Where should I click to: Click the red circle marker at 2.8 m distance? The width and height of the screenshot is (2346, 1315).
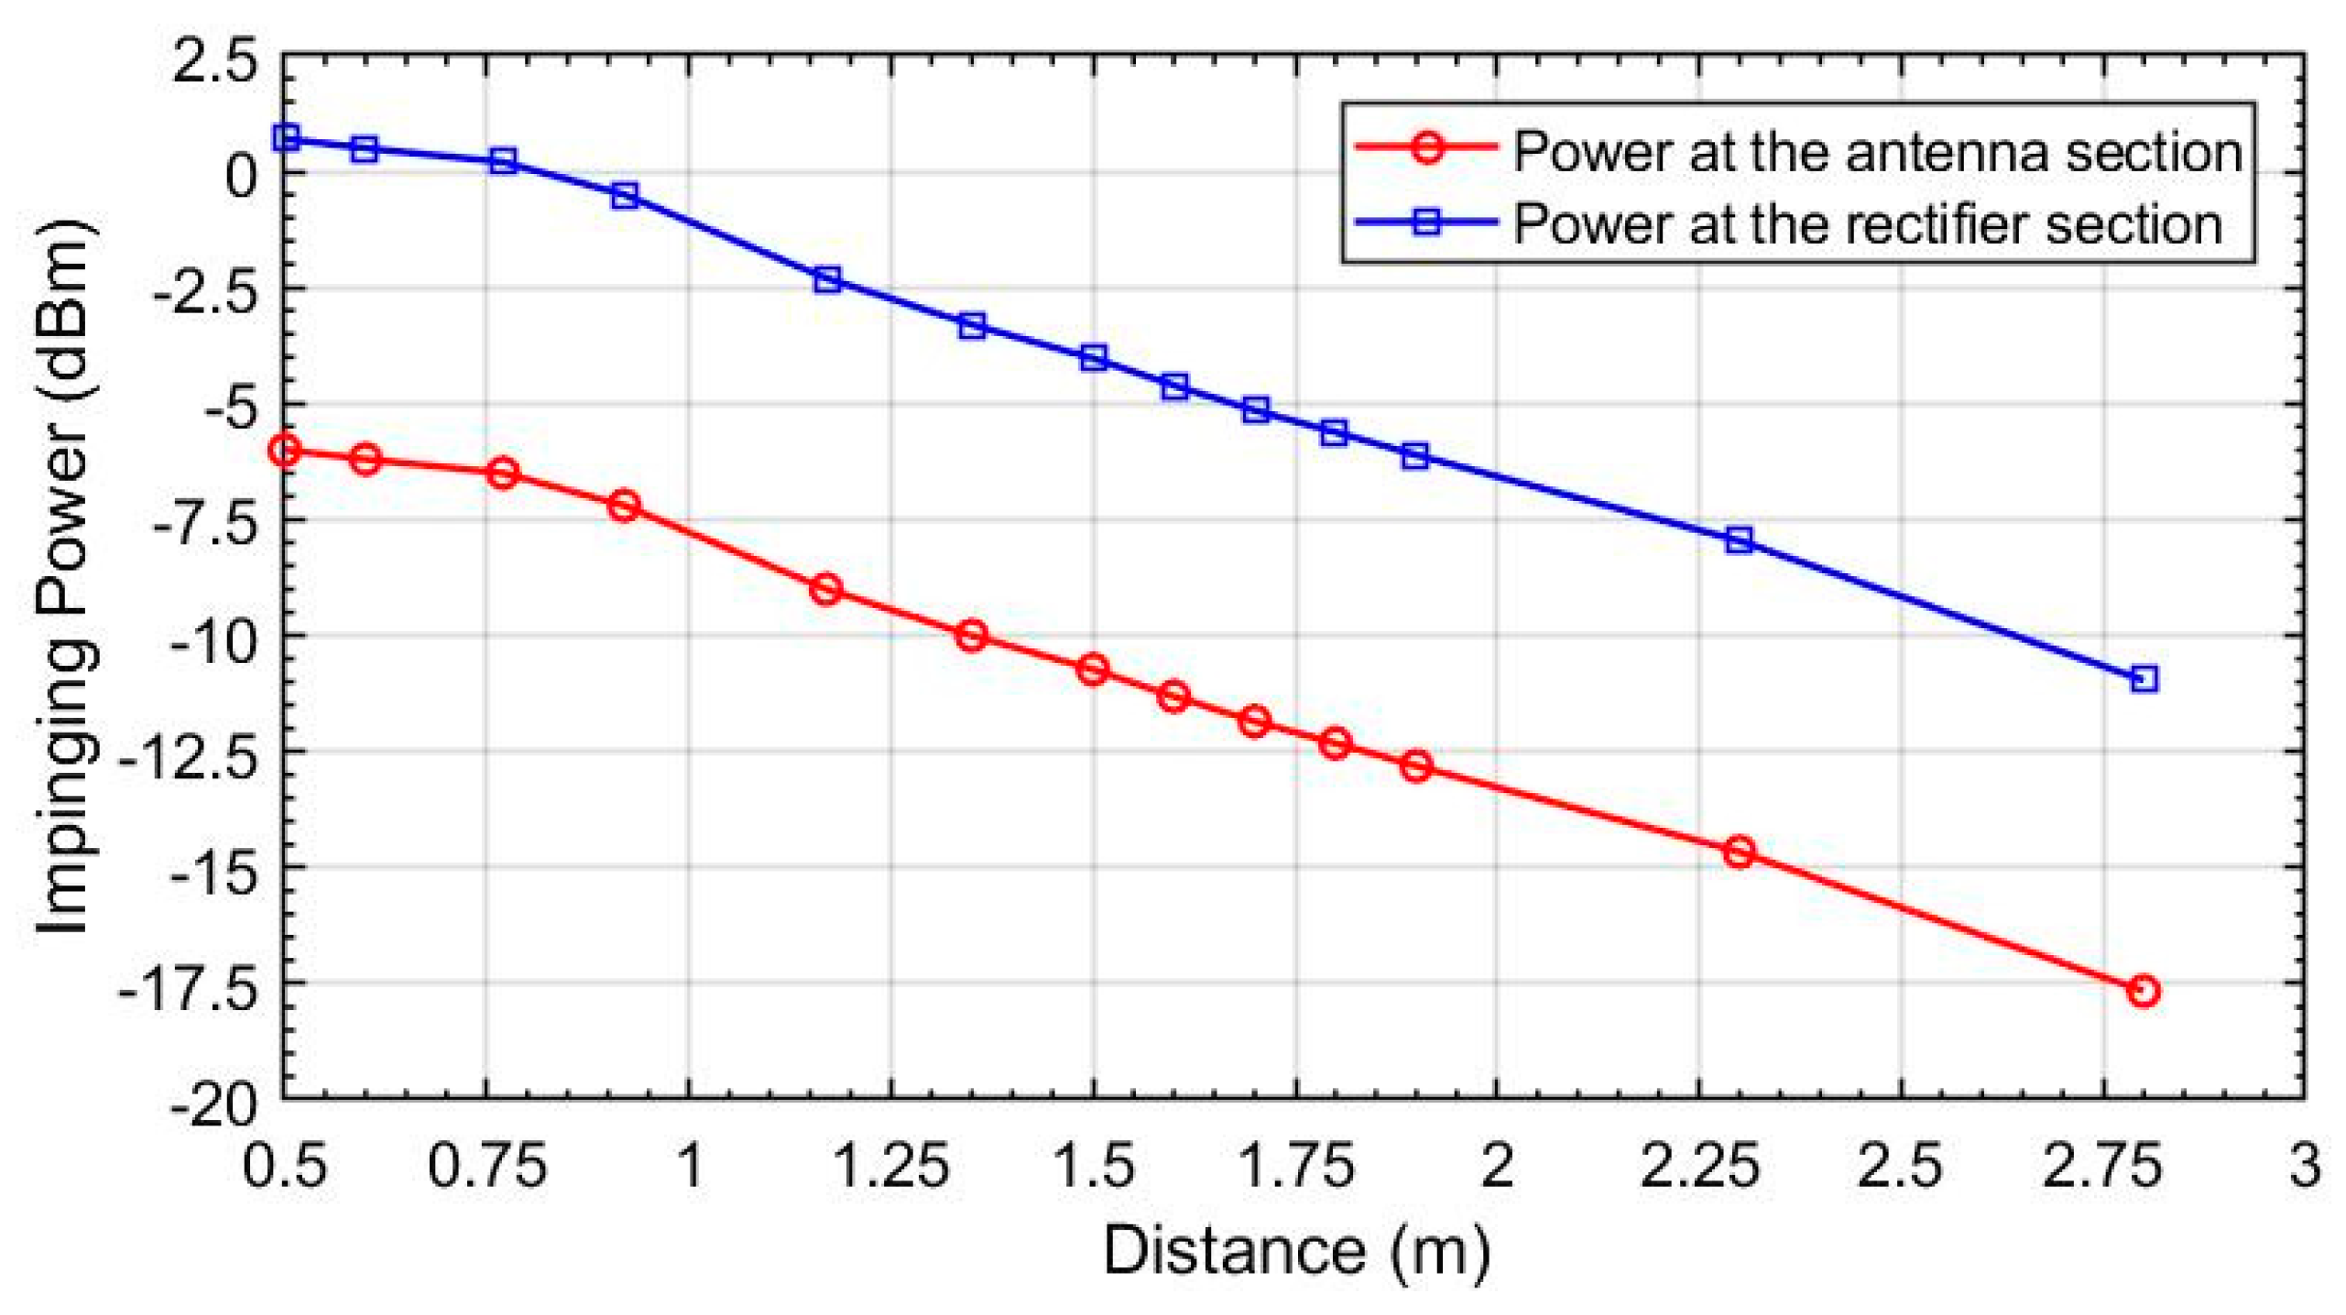tap(2143, 991)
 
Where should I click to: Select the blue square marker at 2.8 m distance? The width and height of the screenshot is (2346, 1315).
tap(2144, 679)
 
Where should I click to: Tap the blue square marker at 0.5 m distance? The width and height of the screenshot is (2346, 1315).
tap(286, 137)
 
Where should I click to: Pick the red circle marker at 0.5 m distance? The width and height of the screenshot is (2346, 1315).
tap(285, 450)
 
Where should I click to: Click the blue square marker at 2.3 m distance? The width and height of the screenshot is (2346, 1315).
tap(1739, 539)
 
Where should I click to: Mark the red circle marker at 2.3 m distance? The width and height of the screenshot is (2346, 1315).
tap(1739, 852)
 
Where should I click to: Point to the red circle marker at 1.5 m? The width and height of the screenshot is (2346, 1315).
tap(1092, 669)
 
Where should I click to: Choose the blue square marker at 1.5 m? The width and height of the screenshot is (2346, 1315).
tap(1093, 357)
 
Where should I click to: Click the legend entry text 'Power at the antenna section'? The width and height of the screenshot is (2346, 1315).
tap(1877, 151)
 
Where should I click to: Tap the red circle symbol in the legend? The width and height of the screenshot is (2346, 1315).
tap(1426, 147)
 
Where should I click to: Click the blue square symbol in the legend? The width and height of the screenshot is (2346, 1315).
tap(1426, 221)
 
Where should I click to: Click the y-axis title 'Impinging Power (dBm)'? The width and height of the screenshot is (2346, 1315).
tap(64, 577)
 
